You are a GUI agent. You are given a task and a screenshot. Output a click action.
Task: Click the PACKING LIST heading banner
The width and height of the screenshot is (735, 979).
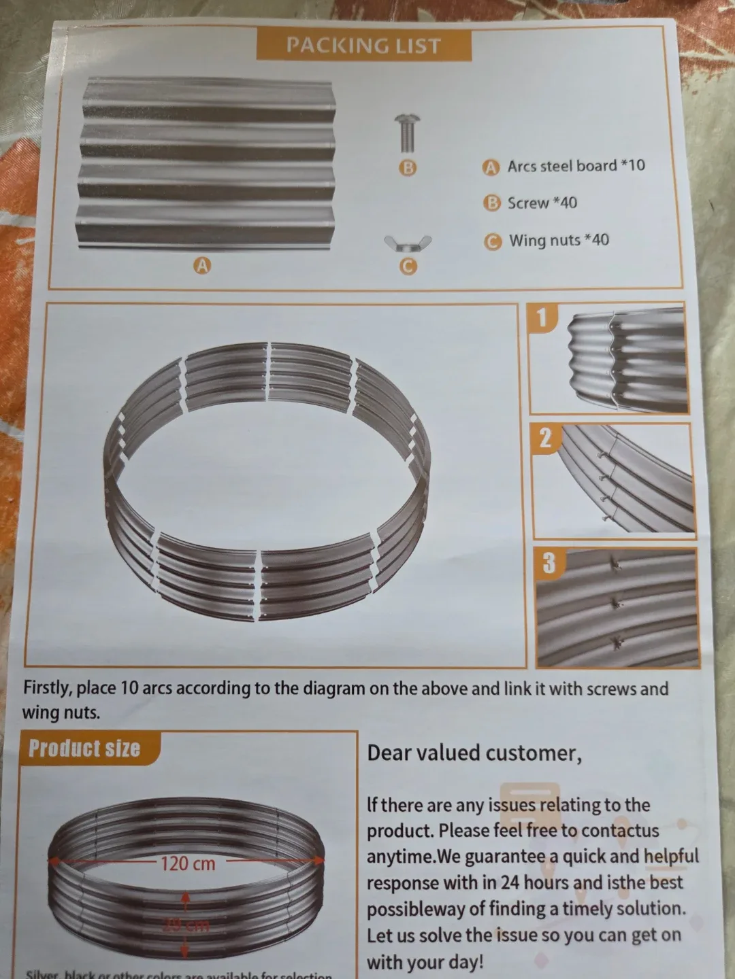(x=363, y=46)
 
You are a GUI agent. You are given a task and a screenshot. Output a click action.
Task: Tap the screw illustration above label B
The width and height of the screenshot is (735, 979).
(x=407, y=133)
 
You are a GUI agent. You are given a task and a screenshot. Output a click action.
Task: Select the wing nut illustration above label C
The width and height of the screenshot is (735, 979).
(x=407, y=242)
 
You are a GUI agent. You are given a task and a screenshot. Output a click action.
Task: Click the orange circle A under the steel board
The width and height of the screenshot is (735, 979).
(x=202, y=266)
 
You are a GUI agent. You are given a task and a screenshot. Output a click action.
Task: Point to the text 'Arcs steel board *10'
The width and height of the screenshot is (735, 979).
(x=576, y=166)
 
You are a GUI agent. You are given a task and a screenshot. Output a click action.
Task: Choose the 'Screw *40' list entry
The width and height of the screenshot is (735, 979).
(x=542, y=203)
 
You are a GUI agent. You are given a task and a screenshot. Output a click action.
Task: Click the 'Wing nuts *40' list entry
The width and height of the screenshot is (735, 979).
(x=559, y=240)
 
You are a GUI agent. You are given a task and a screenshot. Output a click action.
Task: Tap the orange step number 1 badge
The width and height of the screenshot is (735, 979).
(x=542, y=317)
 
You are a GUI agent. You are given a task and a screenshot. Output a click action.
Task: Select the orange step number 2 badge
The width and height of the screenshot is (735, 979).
(x=545, y=439)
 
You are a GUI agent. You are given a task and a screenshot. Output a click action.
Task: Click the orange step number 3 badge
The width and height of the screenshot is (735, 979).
(x=549, y=562)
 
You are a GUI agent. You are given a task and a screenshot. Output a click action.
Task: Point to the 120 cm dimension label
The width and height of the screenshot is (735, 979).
(x=188, y=864)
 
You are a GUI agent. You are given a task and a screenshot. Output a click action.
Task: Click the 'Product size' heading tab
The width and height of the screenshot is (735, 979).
(x=84, y=749)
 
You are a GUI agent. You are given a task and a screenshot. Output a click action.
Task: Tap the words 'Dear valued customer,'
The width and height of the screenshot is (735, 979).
(x=474, y=753)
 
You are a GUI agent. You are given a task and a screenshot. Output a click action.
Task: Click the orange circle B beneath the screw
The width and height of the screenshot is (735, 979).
(x=407, y=167)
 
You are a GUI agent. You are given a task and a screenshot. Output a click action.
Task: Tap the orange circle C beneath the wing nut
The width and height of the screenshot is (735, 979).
(x=407, y=267)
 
